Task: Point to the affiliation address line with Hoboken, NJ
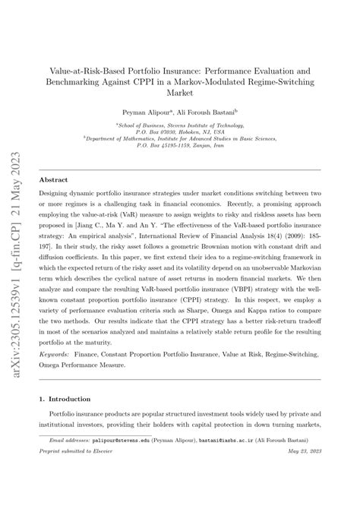point(180,132)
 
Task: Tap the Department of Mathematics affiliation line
point(180,140)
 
